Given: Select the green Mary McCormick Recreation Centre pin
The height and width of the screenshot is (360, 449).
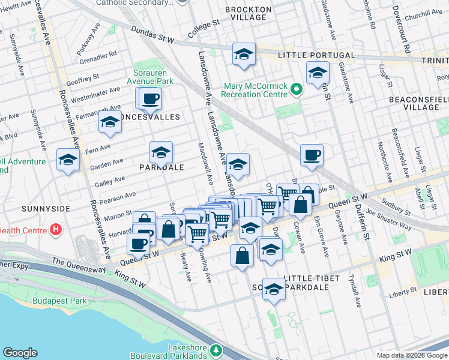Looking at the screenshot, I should pos(296,89).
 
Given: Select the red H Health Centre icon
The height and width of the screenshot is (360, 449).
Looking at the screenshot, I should pos(56,229).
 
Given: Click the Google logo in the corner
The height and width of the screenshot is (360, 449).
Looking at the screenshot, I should pos(20,353).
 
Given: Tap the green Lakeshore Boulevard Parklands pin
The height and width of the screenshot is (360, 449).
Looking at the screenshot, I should pos(217,350).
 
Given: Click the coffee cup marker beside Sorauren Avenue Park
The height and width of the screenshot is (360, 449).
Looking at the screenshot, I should pos(151,98).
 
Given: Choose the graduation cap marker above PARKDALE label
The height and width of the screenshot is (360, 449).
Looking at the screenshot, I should pos(161,152).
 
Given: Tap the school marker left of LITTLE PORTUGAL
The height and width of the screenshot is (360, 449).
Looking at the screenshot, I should pos(244,55).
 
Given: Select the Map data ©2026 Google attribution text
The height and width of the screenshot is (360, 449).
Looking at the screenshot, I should pos(412,355).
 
